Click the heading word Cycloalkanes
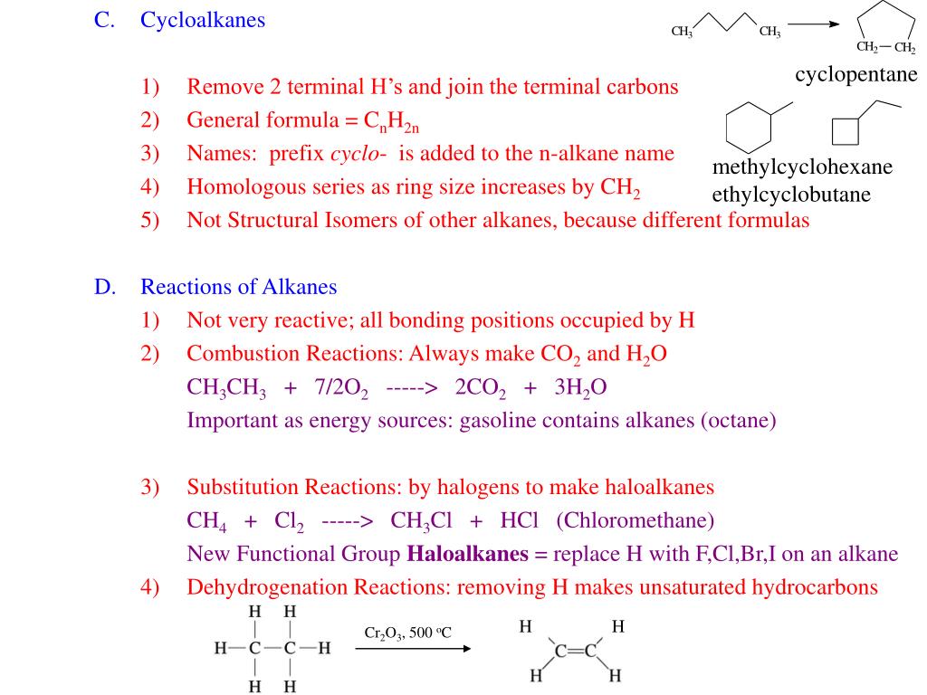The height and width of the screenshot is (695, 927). click(x=203, y=20)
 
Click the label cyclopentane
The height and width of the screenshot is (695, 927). click(x=856, y=74)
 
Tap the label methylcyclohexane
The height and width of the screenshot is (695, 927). click(x=802, y=167)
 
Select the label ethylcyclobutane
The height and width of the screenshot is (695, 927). click(x=791, y=195)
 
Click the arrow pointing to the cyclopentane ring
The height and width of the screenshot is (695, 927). click(x=819, y=24)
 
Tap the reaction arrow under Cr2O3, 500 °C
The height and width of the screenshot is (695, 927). click(x=412, y=649)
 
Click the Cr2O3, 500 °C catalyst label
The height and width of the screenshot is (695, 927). click(x=407, y=633)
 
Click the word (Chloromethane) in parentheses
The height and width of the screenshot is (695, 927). click(x=636, y=520)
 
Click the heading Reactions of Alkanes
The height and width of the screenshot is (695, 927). click(x=238, y=287)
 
